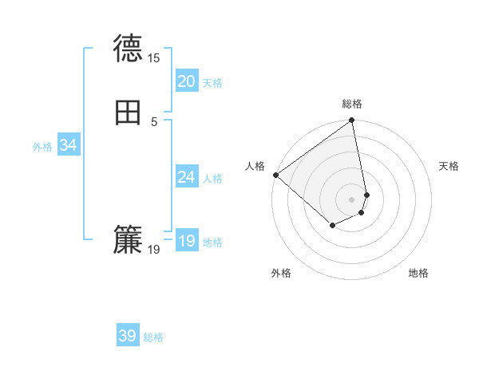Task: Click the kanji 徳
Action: click(128, 49)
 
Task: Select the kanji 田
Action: click(128, 114)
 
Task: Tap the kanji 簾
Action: click(128, 240)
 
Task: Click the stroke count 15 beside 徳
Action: click(154, 58)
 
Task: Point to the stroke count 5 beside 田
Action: click(154, 122)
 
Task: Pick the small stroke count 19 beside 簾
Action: click(154, 250)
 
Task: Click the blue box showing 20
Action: click(186, 81)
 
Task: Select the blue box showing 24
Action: click(186, 177)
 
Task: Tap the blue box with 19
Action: click(186, 241)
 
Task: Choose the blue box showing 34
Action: click(69, 145)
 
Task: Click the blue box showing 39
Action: click(128, 336)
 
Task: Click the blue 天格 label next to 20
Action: click(212, 83)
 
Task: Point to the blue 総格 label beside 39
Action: click(153, 337)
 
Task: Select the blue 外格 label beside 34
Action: click(42, 147)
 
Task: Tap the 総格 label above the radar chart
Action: click(352, 104)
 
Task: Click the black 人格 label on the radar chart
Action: click(255, 166)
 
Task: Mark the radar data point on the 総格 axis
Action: click(352, 121)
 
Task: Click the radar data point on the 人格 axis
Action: click(275, 174)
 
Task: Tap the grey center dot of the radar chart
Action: click(352, 199)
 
